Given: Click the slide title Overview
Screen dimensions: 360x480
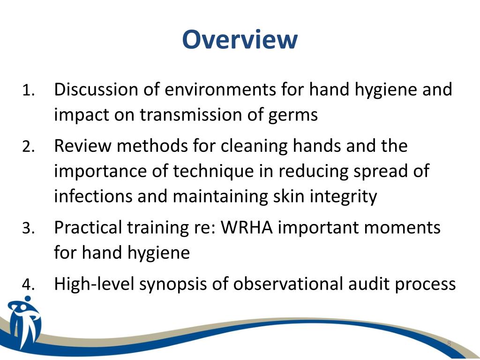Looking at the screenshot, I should [x=240, y=39].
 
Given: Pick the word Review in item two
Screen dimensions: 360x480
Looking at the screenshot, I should [x=82, y=146].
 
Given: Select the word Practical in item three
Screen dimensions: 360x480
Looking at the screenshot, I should [x=88, y=228].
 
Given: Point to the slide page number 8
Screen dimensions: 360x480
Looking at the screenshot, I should [x=449, y=345].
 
